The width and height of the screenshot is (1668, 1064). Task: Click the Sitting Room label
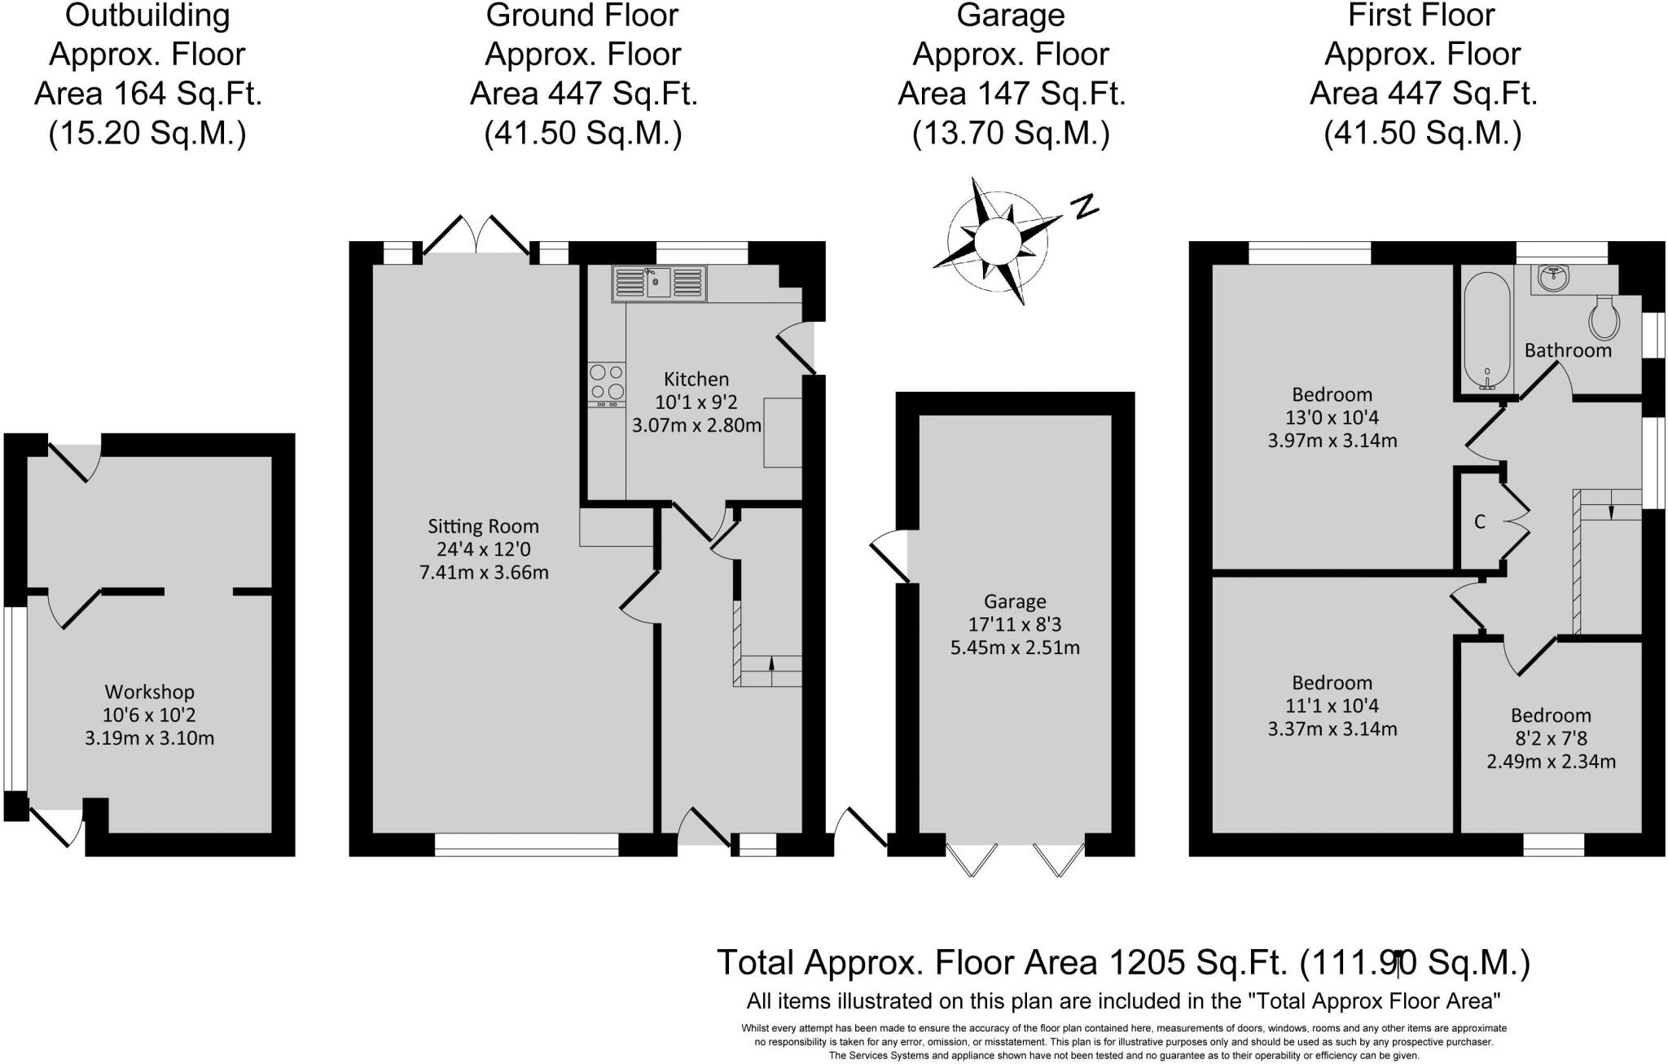pos(484,527)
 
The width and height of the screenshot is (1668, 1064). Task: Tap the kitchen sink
pos(659,283)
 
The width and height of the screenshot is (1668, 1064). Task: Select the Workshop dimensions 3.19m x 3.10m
pos(149,739)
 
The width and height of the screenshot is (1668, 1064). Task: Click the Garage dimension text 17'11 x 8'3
pos(1015,625)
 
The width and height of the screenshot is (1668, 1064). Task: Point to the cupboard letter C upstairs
pos(1480,521)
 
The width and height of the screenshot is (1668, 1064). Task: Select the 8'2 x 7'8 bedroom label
pos(1551,738)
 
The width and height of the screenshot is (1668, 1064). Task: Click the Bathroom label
pos(1568,350)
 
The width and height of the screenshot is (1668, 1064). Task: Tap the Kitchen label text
pos(696,379)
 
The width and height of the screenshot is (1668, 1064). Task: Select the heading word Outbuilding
pos(148,15)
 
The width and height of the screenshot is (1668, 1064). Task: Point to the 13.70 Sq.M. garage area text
pos(1012,134)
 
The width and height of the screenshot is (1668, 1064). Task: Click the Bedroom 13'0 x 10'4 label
pos(1332,417)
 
